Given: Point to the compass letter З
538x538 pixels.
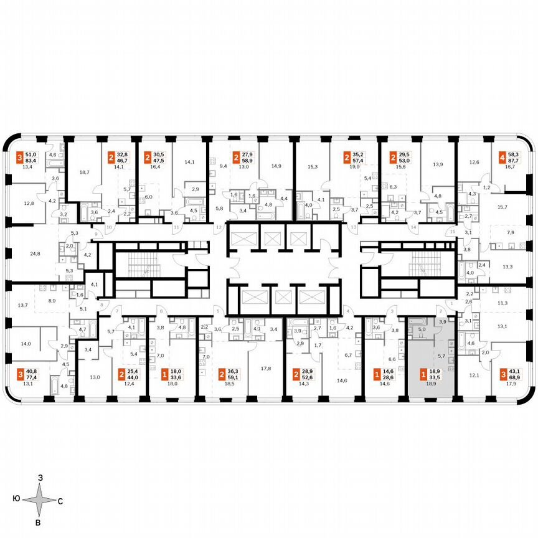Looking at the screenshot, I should click(x=39, y=477).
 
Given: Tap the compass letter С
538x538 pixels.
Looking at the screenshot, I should click(x=60, y=500).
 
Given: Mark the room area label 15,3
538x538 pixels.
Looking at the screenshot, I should click(x=313, y=166).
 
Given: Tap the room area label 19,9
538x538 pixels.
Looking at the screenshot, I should click(x=355, y=166).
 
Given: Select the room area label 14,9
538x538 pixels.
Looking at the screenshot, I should click(x=276, y=166).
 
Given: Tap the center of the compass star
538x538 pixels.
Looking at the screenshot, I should click(x=39, y=500).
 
